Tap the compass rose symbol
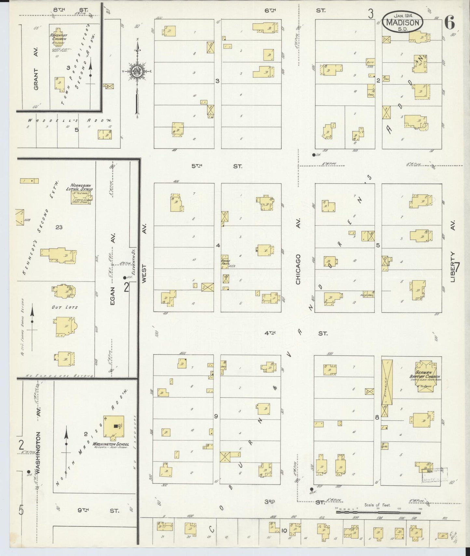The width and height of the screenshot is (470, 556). click(138, 72)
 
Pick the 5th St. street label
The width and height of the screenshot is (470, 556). click(216, 166)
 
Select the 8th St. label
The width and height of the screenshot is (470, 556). click(70, 10)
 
